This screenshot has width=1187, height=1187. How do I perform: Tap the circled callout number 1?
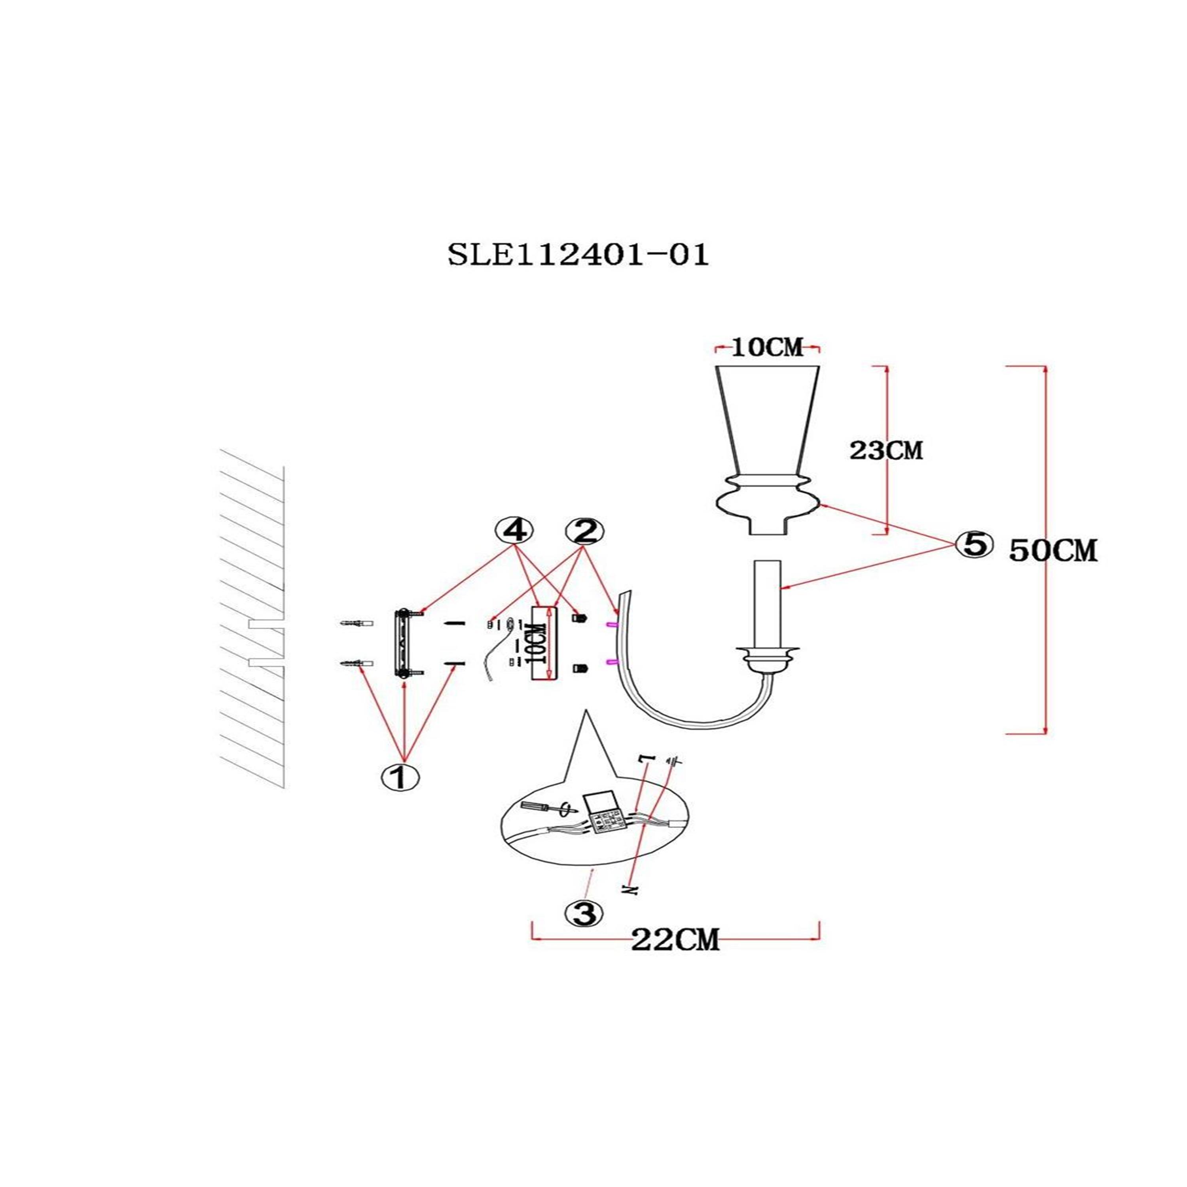click(x=400, y=777)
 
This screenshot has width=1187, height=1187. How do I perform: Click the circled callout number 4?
click(x=515, y=531)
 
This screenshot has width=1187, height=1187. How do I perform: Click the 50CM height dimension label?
click(x=1052, y=551)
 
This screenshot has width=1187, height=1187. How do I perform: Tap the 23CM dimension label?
click(x=886, y=451)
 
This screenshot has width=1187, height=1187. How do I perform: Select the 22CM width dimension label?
click(x=675, y=940)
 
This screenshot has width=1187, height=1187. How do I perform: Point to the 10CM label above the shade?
click(x=767, y=348)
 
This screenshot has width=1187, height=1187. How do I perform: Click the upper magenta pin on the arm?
click(x=612, y=625)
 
